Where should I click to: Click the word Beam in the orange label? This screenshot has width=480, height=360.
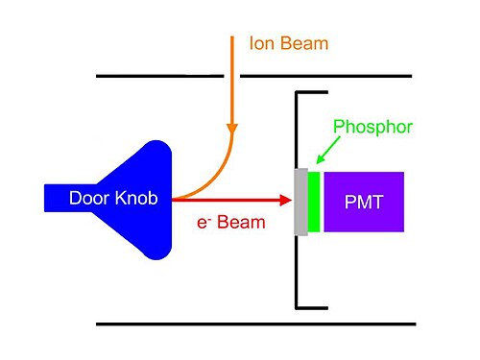[304, 43]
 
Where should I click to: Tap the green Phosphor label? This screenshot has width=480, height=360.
[372, 128]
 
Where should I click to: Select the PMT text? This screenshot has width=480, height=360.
[364, 203]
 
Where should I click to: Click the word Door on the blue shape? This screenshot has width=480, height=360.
[89, 198]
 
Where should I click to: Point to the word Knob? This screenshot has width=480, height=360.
[136, 198]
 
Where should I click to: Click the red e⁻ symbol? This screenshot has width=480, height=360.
[204, 223]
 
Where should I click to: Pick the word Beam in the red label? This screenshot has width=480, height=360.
[241, 222]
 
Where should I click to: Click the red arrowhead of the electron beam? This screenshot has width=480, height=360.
[285, 201]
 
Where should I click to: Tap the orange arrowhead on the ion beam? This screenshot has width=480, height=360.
[232, 128]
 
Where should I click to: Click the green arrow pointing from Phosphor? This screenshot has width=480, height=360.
[328, 150]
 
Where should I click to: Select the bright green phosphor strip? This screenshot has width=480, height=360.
[314, 202]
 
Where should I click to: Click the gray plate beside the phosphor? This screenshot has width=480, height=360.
[301, 202]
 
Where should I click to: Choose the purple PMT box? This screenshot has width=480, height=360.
[364, 202]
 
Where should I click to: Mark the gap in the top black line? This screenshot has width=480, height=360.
[232, 76]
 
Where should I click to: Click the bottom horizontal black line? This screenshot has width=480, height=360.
[256, 324]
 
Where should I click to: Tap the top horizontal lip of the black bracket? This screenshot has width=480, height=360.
[312, 92]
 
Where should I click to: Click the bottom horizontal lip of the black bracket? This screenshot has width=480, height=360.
[312, 308]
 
